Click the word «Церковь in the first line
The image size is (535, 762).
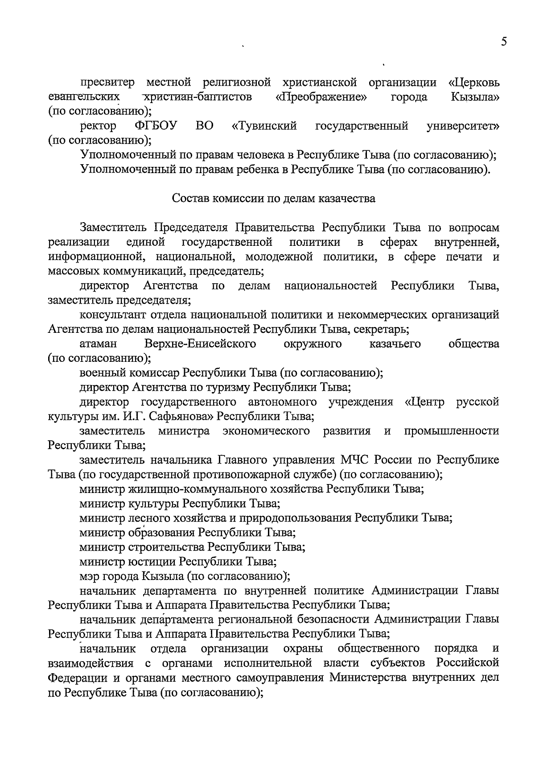click(473, 83)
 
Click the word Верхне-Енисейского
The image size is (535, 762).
click(200, 344)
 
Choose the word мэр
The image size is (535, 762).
click(90, 576)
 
